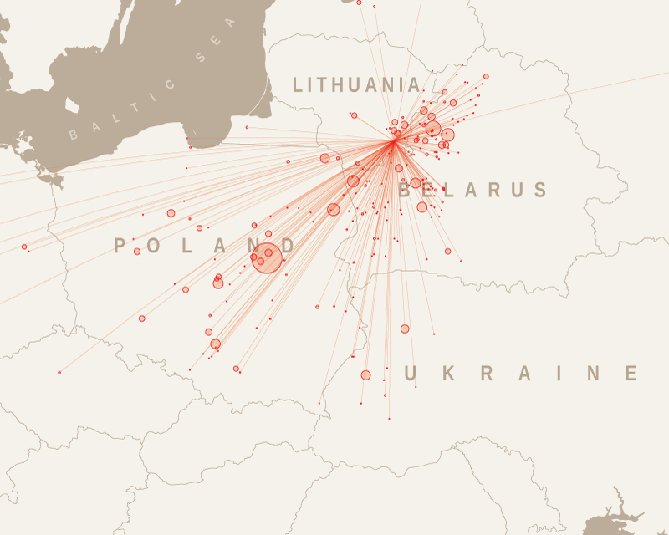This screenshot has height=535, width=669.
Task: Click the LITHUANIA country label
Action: pos(357,84)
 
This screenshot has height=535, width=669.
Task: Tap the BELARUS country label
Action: pos(473,191)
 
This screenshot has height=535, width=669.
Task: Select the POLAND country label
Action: pos(205,246)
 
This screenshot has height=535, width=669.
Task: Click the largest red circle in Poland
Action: pos(268,257)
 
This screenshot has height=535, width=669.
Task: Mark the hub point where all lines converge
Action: pos(394,142)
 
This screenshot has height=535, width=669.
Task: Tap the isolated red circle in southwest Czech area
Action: pos(59,372)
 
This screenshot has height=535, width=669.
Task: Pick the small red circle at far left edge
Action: pos(24,247)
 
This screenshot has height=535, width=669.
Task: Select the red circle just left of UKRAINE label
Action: pos(365,374)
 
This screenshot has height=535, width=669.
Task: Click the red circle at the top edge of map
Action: pos(359,3)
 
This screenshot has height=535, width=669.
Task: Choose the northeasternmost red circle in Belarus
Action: pos(486,76)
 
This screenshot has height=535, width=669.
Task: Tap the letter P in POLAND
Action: pos(120,246)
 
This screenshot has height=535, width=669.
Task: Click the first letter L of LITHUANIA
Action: pos(298,84)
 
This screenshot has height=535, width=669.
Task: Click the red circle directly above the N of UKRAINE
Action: pos(405,329)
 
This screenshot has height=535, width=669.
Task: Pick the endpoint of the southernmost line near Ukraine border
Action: pos(389,418)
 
